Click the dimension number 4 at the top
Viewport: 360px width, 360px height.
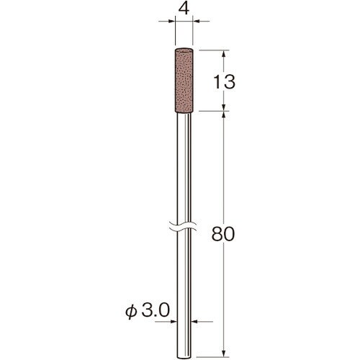click(184, 9)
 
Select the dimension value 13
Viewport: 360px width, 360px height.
click(225, 82)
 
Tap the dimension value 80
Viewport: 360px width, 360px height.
click(223, 234)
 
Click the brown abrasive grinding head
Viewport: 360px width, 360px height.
click(184, 81)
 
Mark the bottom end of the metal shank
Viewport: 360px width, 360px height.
click(184, 356)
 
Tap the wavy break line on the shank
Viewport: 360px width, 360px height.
click(183, 226)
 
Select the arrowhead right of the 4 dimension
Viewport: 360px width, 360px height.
click(197, 22)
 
